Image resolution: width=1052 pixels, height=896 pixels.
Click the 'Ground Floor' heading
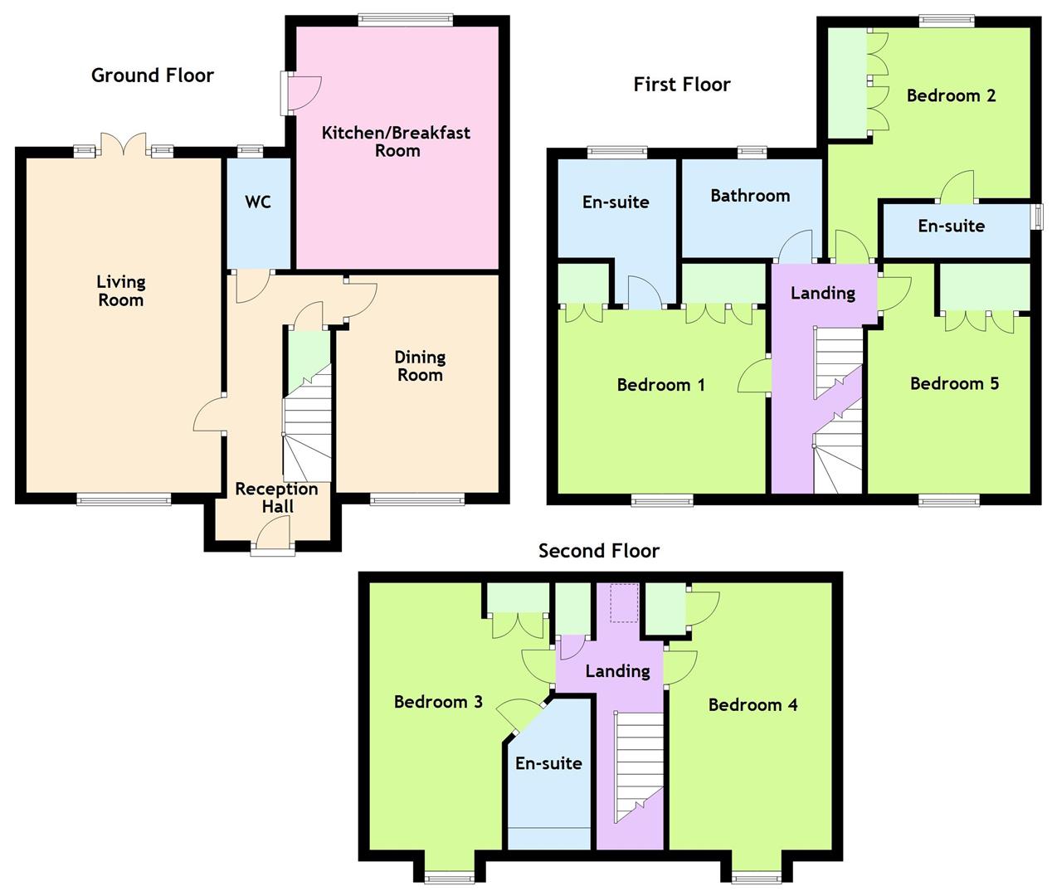click(x=153, y=75)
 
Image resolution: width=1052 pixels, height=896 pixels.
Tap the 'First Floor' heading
click(x=681, y=85)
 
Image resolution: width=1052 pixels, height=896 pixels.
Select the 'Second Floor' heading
click(x=598, y=551)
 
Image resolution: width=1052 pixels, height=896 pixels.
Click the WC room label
click(x=258, y=202)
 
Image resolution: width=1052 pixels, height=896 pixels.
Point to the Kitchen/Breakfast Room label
click(x=397, y=142)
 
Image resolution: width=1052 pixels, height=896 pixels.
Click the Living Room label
click(x=120, y=291)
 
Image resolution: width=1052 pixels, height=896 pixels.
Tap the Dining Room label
click(x=420, y=366)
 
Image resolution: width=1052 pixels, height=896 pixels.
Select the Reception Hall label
click(x=276, y=498)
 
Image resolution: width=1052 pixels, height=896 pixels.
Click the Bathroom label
click(x=750, y=196)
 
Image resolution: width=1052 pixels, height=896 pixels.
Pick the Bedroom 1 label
click(x=660, y=385)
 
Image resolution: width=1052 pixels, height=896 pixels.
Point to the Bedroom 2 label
click(x=951, y=95)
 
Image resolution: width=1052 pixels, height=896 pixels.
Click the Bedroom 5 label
click(x=954, y=383)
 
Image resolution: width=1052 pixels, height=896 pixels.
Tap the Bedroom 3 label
click(x=438, y=702)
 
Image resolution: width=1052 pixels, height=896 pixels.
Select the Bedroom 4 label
click(x=752, y=705)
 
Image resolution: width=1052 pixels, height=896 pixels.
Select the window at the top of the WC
click(x=249, y=151)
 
